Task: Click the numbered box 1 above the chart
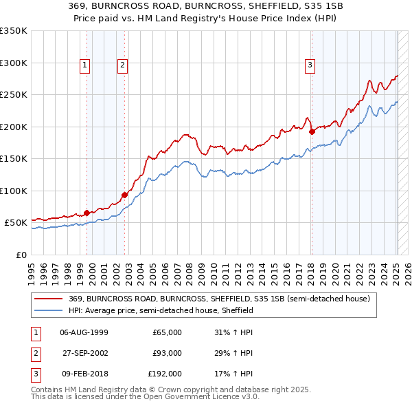(x=84, y=65)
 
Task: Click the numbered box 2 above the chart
(x=122, y=65)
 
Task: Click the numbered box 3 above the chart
(x=310, y=65)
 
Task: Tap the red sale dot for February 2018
(x=312, y=131)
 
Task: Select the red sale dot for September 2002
(x=124, y=195)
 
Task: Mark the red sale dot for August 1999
(x=87, y=213)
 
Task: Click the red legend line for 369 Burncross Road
(x=49, y=299)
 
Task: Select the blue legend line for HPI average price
(x=49, y=310)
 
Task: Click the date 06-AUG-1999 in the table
(x=84, y=332)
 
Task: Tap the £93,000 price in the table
(x=167, y=353)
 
